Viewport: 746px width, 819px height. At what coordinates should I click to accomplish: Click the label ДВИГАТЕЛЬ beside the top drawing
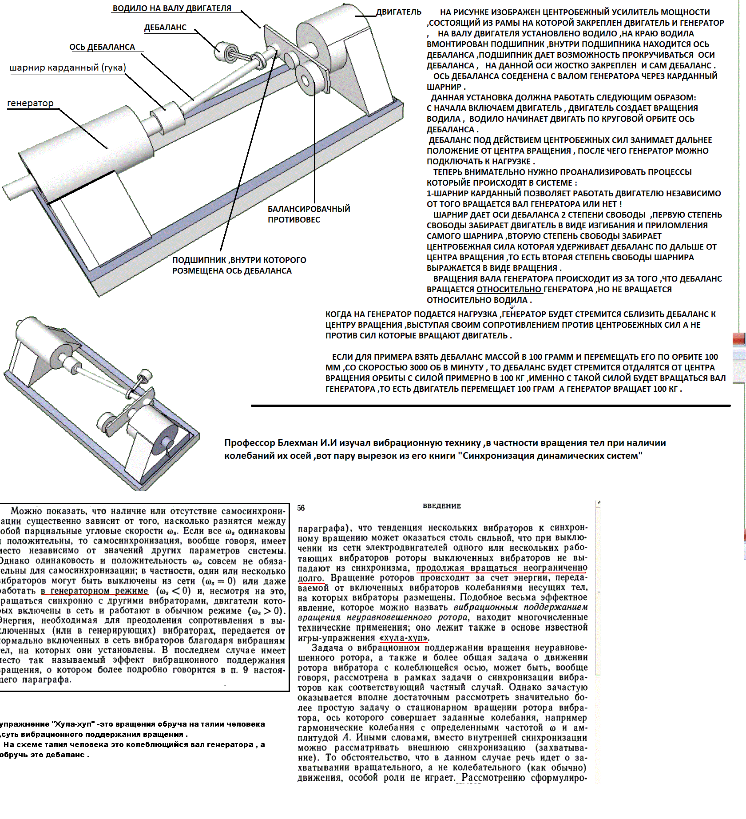(398, 12)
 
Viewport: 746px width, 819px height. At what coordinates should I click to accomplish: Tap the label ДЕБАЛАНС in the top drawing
(165, 28)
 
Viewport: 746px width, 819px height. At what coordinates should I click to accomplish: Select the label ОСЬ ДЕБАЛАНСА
(102, 47)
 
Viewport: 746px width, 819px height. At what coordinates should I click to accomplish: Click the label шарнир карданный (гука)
(68, 68)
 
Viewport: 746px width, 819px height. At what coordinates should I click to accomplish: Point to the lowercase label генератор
(30, 103)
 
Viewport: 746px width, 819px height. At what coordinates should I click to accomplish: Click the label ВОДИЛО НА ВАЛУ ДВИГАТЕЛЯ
(172, 8)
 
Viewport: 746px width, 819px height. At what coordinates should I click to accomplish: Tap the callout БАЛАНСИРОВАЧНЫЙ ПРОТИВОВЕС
(309, 214)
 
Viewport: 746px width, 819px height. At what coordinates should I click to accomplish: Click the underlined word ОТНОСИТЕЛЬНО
(509, 290)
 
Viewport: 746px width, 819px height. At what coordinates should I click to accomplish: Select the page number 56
(301, 508)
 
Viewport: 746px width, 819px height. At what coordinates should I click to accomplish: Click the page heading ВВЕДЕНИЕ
(442, 506)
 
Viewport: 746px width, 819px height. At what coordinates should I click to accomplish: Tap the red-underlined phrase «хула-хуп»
(404, 638)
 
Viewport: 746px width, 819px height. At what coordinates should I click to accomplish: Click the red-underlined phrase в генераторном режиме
(95, 591)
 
